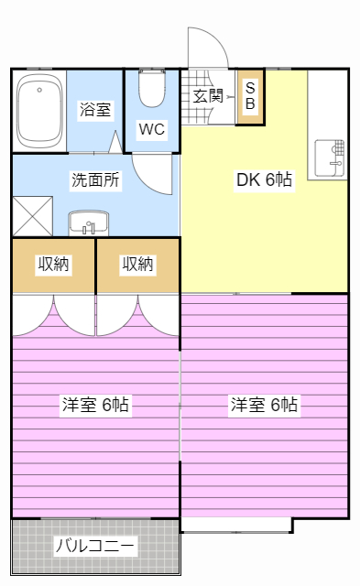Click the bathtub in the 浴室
[39, 113]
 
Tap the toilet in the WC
[150, 90]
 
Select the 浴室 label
[95, 110]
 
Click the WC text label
[151, 129]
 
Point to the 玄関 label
[208, 94]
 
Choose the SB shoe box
[249, 94]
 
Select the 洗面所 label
[95, 180]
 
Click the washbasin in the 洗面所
[89, 223]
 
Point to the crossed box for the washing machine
[32, 218]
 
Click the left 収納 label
[53, 265]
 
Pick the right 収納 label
[137, 265]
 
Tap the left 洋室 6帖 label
[95, 404]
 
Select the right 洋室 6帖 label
[264, 404]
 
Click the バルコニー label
[95, 547]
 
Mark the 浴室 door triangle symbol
[116, 142]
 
